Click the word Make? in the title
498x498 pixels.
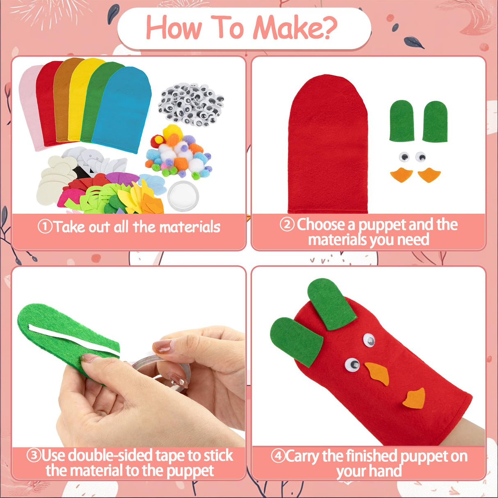click(x=295, y=28)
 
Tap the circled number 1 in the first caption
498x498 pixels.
click(x=45, y=226)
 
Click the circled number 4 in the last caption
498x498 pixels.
click(x=278, y=456)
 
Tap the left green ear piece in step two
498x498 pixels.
click(x=402, y=121)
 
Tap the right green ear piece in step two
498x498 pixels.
click(x=435, y=122)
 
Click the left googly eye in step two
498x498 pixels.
click(x=404, y=157)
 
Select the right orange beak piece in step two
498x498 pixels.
click(x=429, y=175)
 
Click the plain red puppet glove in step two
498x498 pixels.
click(x=327, y=148)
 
